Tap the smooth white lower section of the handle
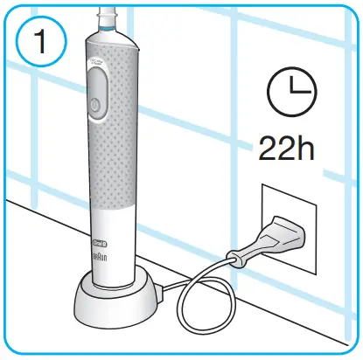pyautogui.click(x=114, y=253)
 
